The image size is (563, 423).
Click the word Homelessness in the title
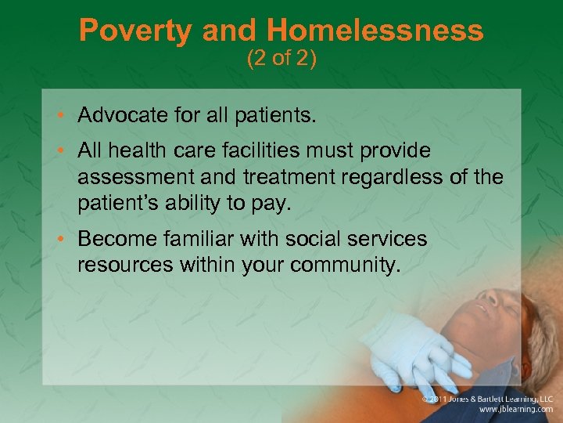(375, 31)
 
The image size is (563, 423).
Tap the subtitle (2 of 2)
(281, 60)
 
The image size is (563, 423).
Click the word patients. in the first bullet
(274, 117)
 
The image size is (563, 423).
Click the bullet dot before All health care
(64, 150)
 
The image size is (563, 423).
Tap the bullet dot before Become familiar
(64, 239)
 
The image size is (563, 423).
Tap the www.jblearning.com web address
(516, 410)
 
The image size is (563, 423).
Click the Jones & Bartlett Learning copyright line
(489, 399)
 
